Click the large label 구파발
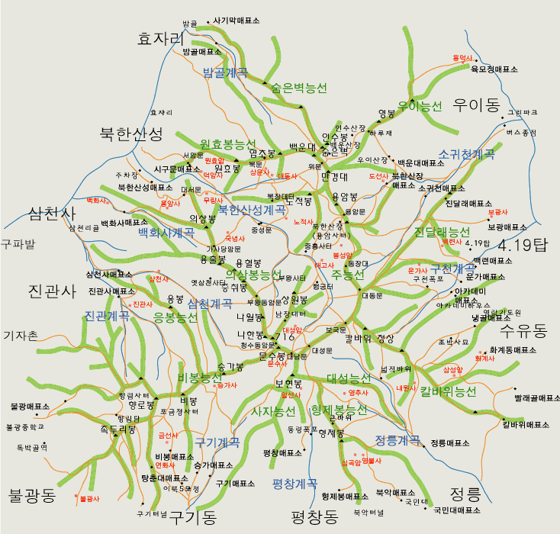[18, 244]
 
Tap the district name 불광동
[32, 496]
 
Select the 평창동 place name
[314, 518]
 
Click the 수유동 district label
[525, 330]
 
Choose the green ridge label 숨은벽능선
[299, 88]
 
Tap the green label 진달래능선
[442, 232]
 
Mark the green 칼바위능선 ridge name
[448, 391]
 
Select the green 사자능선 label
[273, 411]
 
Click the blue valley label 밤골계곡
[225, 72]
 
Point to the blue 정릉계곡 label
[397, 440]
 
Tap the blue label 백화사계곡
[166, 233]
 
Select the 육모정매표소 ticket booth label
[494, 69]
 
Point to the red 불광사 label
[89, 498]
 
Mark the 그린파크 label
[523, 112]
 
